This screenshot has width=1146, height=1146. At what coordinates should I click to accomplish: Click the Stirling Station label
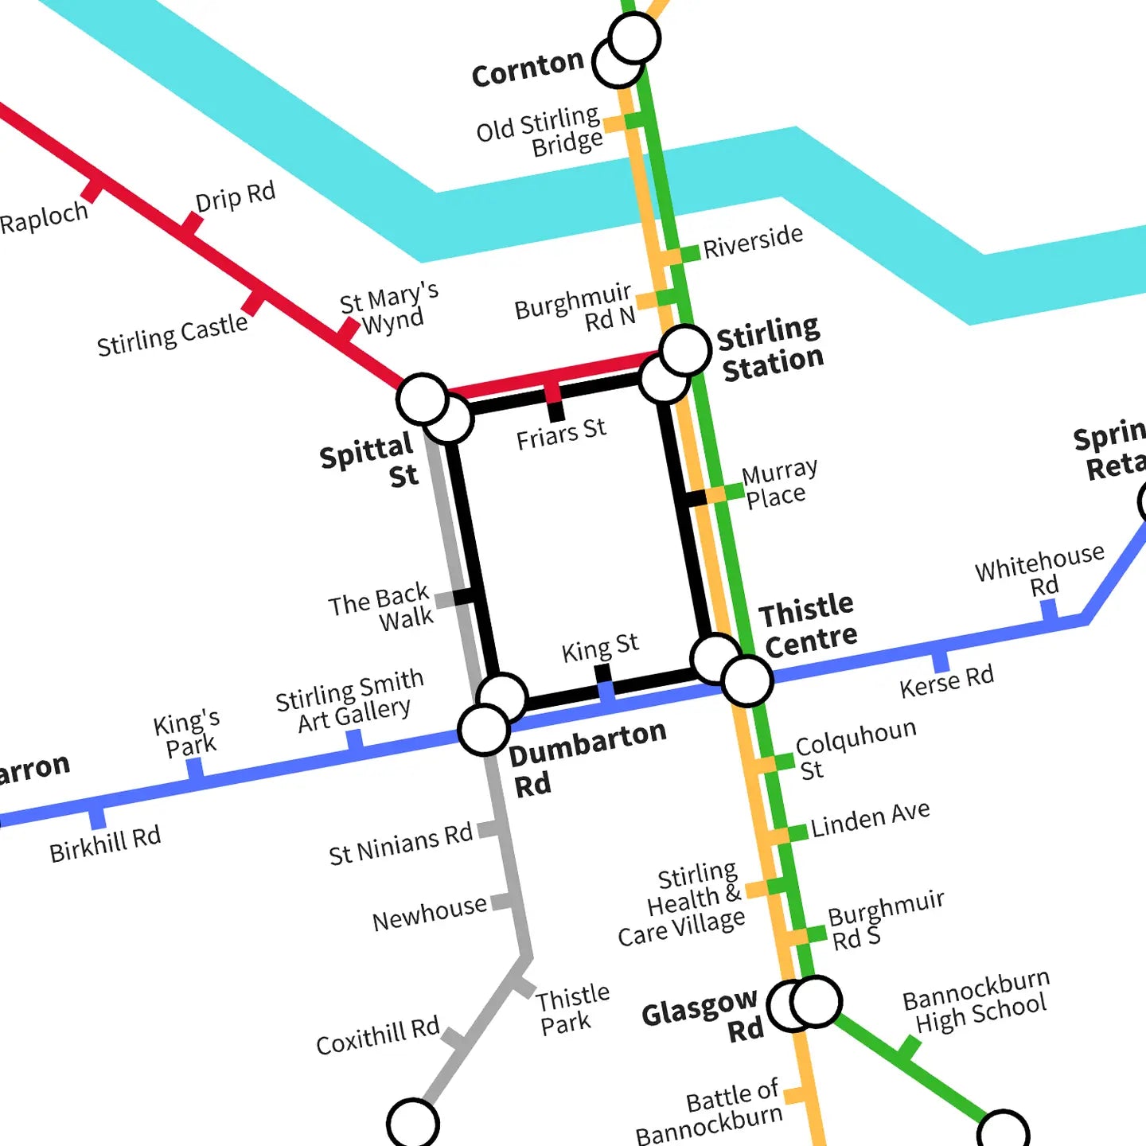click(x=770, y=349)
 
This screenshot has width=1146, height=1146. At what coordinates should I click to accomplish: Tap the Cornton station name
click(x=528, y=68)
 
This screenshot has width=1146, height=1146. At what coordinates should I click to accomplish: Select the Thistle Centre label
click(x=807, y=626)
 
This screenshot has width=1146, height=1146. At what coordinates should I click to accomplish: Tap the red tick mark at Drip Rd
click(x=191, y=224)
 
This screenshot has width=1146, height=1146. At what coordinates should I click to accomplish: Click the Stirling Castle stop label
click(x=172, y=334)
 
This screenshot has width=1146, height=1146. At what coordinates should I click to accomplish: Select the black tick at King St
click(x=603, y=673)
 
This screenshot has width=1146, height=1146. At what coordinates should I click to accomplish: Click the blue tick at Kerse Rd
click(x=941, y=661)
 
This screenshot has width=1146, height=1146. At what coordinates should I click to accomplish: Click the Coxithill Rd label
click(x=377, y=1036)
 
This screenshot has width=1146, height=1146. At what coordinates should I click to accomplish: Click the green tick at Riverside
click(x=689, y=252)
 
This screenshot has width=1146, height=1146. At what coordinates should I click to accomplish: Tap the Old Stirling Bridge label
click(x=541, y=132)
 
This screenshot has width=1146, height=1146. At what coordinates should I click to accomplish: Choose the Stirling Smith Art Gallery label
click(x=350, y=700)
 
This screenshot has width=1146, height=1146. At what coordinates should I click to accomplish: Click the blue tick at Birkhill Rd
click(x=97, y=817)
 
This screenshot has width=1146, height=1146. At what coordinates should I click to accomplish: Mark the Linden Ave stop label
click(x=870, y=819)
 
